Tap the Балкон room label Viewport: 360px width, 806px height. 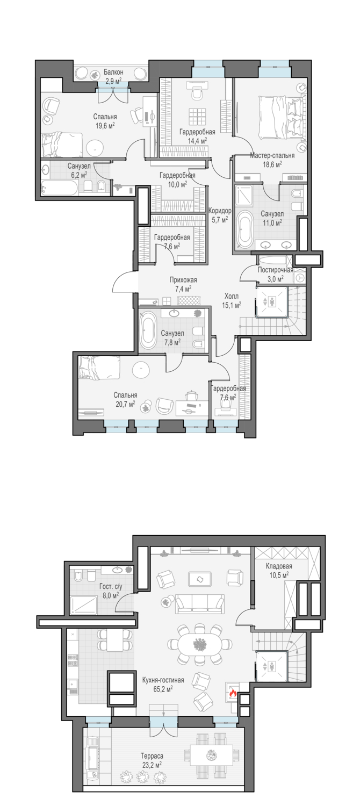pyautogui.click(x=114, y=73)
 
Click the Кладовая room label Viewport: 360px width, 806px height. pyautogui.click(x=279, y=566)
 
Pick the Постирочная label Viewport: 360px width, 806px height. pyautogui.click(x=276, y=270)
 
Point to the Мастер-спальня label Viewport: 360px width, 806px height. pyautogui.click(x=272, y=155)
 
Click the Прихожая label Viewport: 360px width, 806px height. pyautogui.click(x=183, y=280)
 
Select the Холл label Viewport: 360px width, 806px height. pyautogui.click(x=232, y=296)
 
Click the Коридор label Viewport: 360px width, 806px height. pyautogui.click(x=220, y=211)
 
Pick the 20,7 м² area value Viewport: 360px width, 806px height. pyautogui.click(x=125, y=404)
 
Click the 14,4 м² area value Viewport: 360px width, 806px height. pyautogui.click(x=197, y=141)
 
